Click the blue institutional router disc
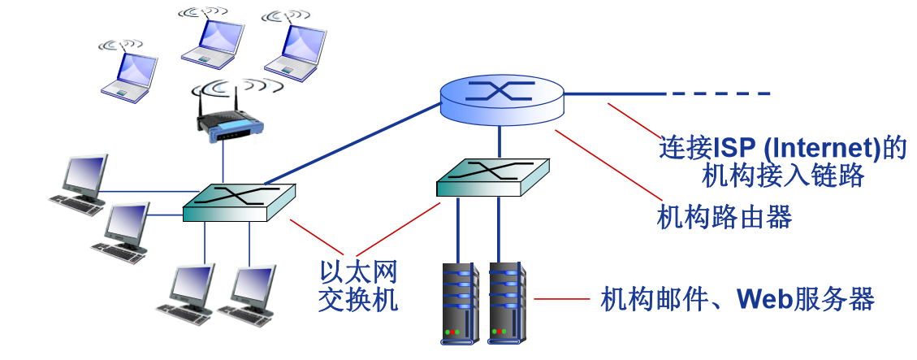click(502, 97)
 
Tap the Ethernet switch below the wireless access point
click(238, 201)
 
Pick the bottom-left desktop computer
click(188, 290)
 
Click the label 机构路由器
click(724, 217)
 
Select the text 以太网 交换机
click(358, 285)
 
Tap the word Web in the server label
click(763, 299)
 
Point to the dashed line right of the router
click(718, 94)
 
